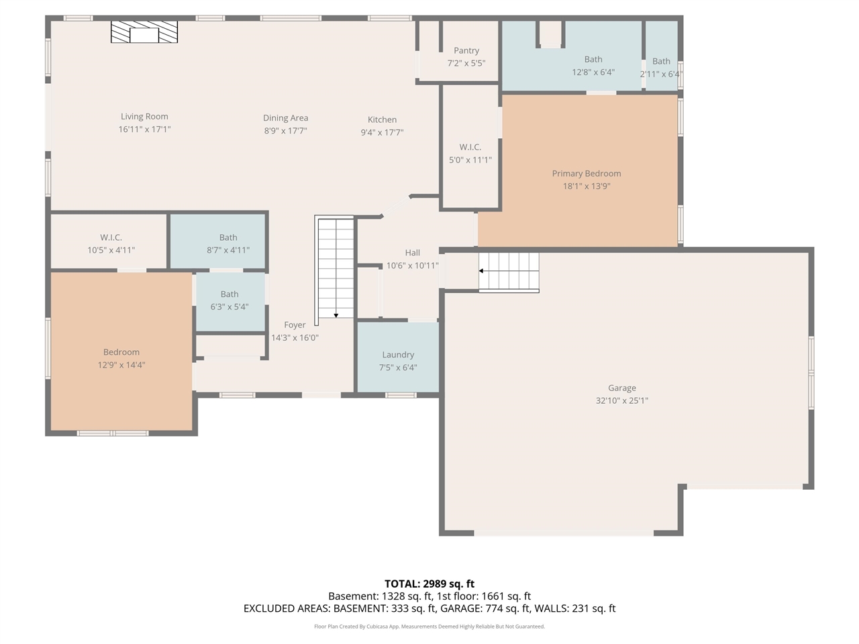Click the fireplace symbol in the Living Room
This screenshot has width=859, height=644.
tap(144, 32)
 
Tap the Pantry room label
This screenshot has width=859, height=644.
tap(466, 50)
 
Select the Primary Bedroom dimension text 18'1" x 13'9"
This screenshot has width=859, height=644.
tap(587, 186)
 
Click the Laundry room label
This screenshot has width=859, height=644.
tap(398, 355)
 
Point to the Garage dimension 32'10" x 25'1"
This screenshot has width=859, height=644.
tap(622, 400)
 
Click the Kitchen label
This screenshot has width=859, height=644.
tap(382, 119)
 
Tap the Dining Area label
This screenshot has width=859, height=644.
tap(285, 118)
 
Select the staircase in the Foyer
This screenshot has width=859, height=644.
tap(335, 268)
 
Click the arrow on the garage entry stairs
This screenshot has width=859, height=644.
tap(482, 271)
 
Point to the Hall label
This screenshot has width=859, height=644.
tap(412, 253)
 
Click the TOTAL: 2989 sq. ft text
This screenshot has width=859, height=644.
tap(429, 584)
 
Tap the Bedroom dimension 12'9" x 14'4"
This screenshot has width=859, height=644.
tap(121, 365)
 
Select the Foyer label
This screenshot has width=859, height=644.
tap(295, 325)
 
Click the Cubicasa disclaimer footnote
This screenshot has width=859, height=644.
tap(429, 627)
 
